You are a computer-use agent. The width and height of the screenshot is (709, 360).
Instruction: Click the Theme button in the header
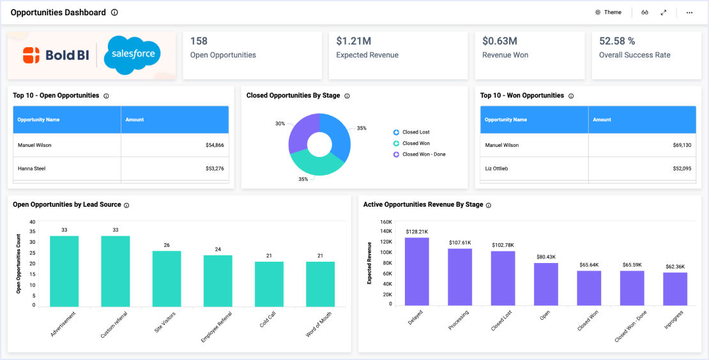click(608, 12)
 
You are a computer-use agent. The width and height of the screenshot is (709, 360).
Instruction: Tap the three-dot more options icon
click(689, 12)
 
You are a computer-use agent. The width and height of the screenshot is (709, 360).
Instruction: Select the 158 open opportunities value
click(199, 41)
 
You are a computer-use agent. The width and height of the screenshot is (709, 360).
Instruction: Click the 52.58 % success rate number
click(617, 41)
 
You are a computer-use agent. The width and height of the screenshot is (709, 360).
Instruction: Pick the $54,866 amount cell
click(215, 146)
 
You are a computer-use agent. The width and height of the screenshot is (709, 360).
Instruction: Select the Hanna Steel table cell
click(31, 169)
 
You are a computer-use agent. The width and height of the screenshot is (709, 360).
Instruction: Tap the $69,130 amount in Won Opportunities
click(678, 146)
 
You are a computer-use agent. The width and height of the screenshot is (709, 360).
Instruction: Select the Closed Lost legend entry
click(415, 132)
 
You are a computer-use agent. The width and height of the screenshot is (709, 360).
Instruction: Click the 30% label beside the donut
click(280, 123)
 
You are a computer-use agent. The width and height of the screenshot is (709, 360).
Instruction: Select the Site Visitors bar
click(167, 278)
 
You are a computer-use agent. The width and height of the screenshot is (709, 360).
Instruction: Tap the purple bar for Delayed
click(417, 271)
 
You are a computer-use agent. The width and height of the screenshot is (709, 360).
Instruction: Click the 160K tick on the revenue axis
click(386, 222)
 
